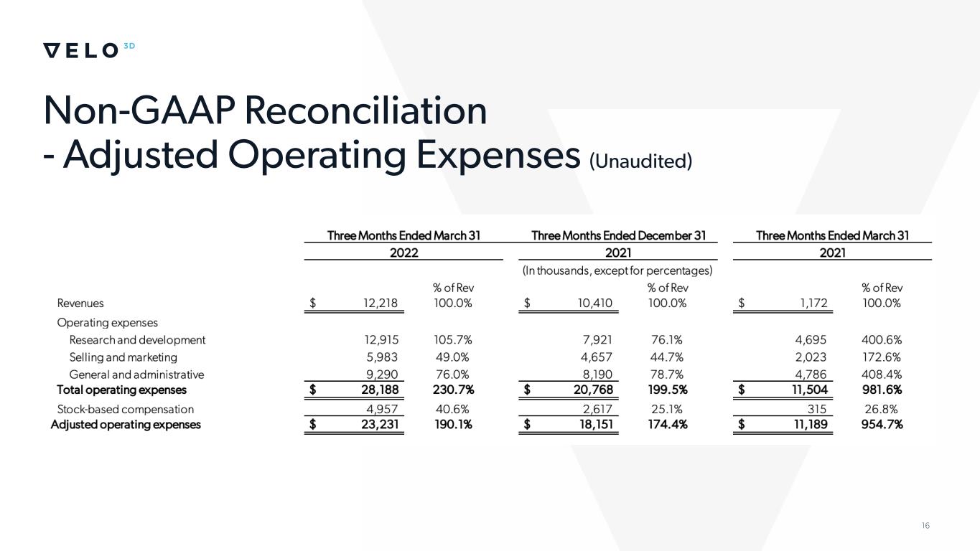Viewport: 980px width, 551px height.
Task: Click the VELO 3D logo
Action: tap(89, 50)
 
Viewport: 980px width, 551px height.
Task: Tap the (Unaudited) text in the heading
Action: tap(640, 161)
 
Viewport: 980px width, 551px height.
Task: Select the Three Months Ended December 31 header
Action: tap(618, 235)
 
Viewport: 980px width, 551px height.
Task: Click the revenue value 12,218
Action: tap(379, 303)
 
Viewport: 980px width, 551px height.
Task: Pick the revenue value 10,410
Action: tap(594, 303)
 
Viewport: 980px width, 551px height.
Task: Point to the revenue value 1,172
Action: tap(813, 303)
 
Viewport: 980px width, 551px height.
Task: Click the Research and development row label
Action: tap(137, 339)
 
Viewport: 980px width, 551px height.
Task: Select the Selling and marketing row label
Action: tap(123, 357)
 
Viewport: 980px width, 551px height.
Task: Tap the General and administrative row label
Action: tap(136, 375)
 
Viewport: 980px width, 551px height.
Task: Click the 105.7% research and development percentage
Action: tap(453, 339)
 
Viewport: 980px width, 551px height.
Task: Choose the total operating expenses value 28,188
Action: tap(375, 390)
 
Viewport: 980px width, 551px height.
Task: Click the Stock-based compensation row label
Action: tap(125, 409)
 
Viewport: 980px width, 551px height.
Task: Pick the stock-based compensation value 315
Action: tap(818, 409)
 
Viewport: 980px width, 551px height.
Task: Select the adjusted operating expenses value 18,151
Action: tap(592, 424)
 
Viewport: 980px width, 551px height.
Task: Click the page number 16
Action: tap(925, 526)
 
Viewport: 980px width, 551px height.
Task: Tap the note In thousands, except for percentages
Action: tap(617, 270)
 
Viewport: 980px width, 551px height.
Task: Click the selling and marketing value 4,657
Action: tap(596, 357)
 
